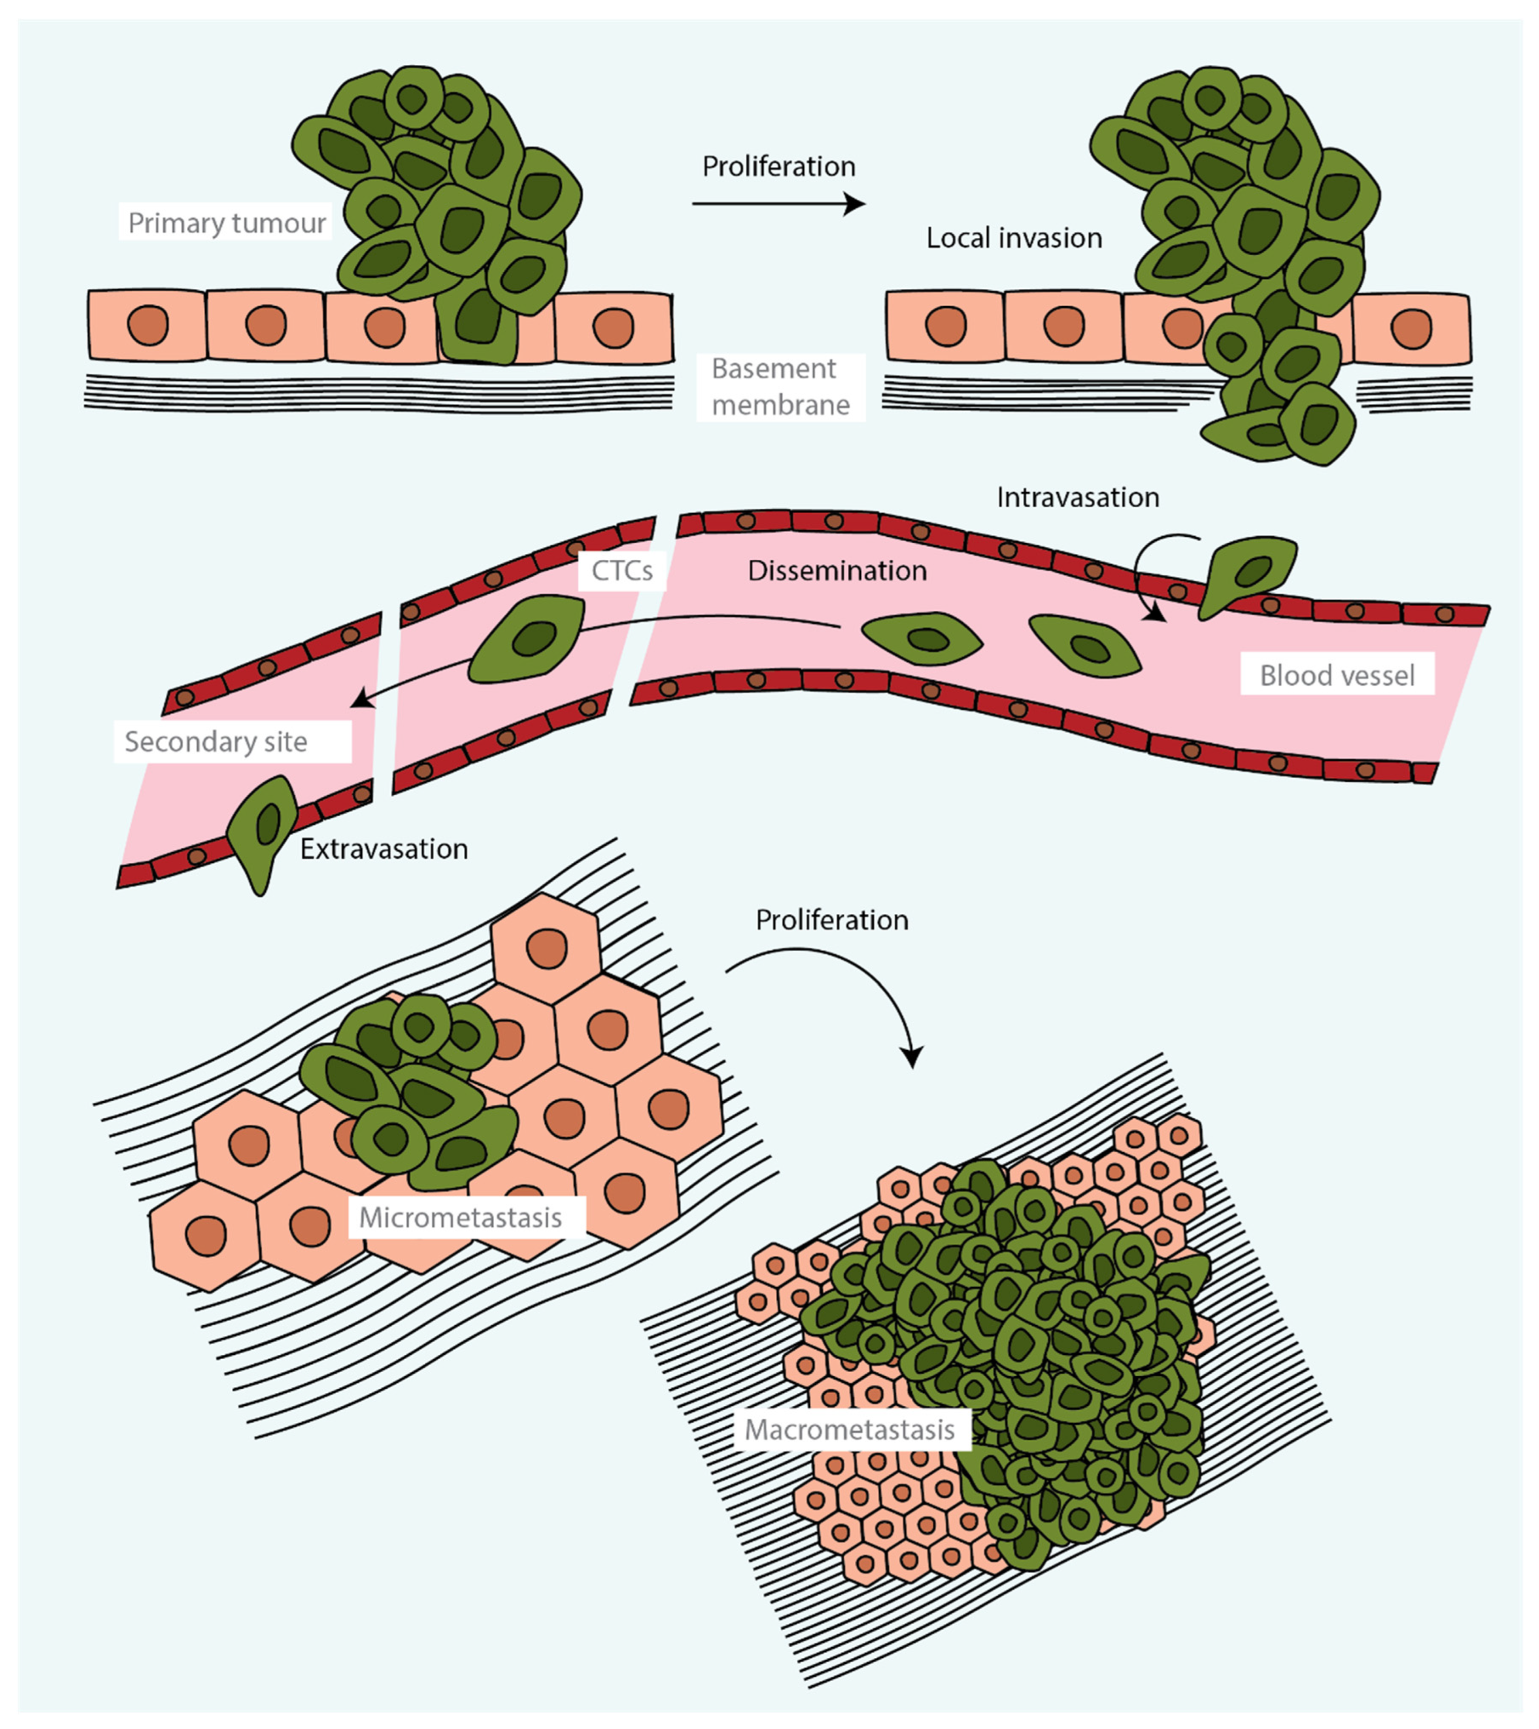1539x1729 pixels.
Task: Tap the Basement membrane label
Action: tap(780, 387)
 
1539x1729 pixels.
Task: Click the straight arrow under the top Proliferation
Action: tap(778, 204)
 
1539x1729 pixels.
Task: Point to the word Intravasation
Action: tap(1077, 497)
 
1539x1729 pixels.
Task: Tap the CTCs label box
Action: tap(622, 571)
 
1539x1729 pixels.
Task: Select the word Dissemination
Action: tap(837, 571)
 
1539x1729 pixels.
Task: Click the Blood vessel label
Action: tap(1336, 675)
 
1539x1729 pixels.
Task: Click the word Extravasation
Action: tap(383, 849)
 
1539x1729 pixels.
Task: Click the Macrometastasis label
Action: tap(850, 1430)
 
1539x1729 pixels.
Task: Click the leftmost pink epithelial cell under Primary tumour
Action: tap(147, 326)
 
